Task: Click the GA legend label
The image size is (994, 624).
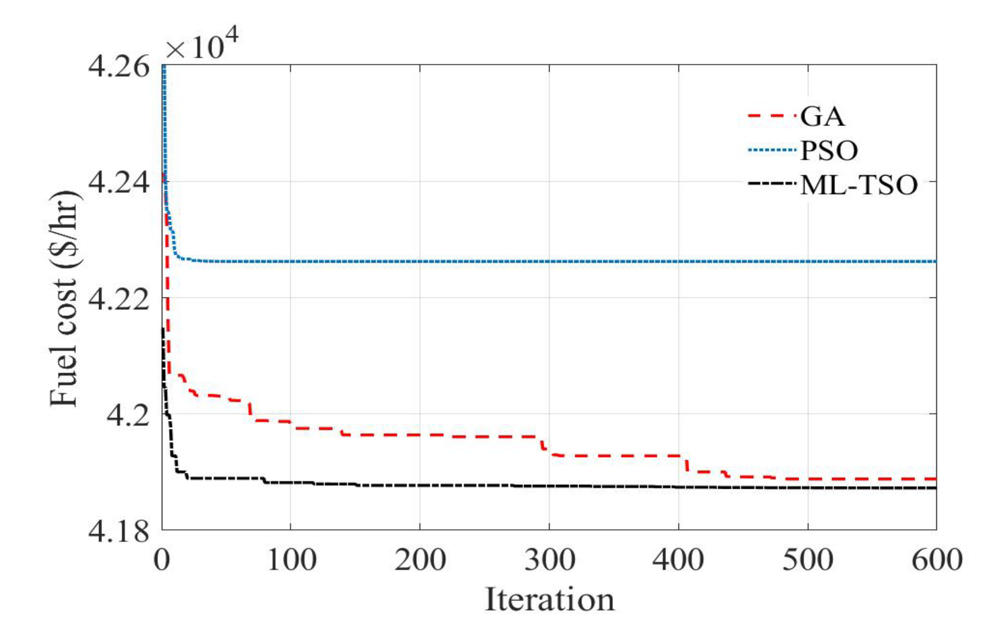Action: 822,117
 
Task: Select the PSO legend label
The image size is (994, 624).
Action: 829,151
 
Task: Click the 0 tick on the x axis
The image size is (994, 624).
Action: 162,560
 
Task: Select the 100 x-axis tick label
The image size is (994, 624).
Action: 291,560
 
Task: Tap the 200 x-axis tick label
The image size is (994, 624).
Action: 420,560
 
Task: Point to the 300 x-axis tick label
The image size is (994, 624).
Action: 549,560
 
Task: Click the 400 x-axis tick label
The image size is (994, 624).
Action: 678,560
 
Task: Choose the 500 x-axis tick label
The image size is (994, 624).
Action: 807,560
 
